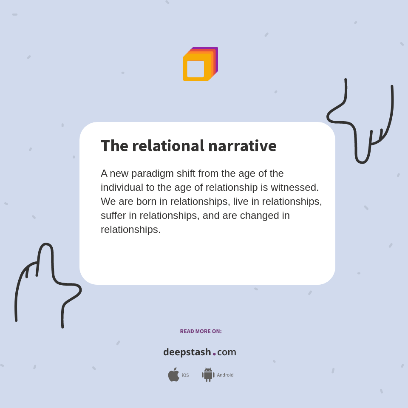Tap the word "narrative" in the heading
(242, 146)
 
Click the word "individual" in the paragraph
(122, 187)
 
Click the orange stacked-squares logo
(200, 64)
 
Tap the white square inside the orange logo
(195, 69)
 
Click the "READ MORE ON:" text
(201, 331)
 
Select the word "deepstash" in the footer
(187, 352)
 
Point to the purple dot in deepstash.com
(214, 354)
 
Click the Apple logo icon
(173, 375)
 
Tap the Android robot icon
(208, 375)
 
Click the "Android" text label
(225, 375)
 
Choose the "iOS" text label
(185, 375)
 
